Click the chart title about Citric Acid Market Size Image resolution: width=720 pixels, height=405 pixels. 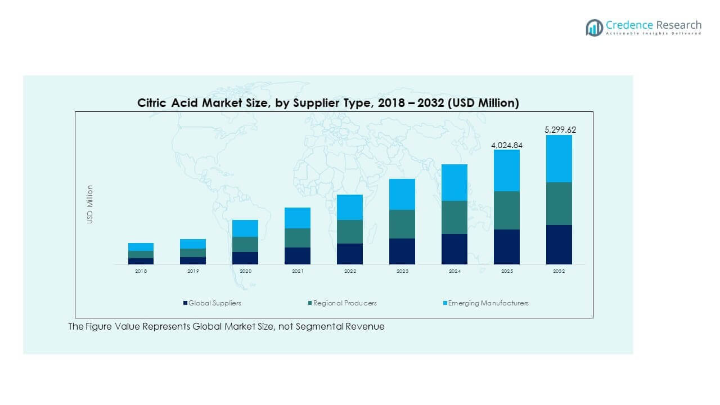(328, 103)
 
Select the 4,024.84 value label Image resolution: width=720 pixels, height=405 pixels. (507, 145)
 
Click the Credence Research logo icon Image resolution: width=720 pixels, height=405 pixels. (594, 28)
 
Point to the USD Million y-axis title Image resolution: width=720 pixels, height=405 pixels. (90, 204)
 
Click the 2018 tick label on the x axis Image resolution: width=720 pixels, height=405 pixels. (141, 271)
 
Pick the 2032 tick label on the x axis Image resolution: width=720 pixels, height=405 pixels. (559, 271)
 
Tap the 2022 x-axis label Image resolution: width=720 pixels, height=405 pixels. (350, 271)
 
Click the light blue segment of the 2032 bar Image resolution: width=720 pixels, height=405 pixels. (559, 159)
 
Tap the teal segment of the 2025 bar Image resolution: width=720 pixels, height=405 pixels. (507, 210)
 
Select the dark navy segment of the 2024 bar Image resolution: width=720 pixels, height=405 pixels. (454, 249)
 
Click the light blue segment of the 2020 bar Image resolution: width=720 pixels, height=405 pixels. (245, 228)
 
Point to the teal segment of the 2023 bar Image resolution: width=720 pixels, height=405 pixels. (402, 224)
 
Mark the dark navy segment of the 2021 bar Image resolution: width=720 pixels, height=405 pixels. (298, 256)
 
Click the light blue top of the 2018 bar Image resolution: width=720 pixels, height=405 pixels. (141, 247)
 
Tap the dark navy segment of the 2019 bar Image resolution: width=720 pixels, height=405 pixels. (193, 260)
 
